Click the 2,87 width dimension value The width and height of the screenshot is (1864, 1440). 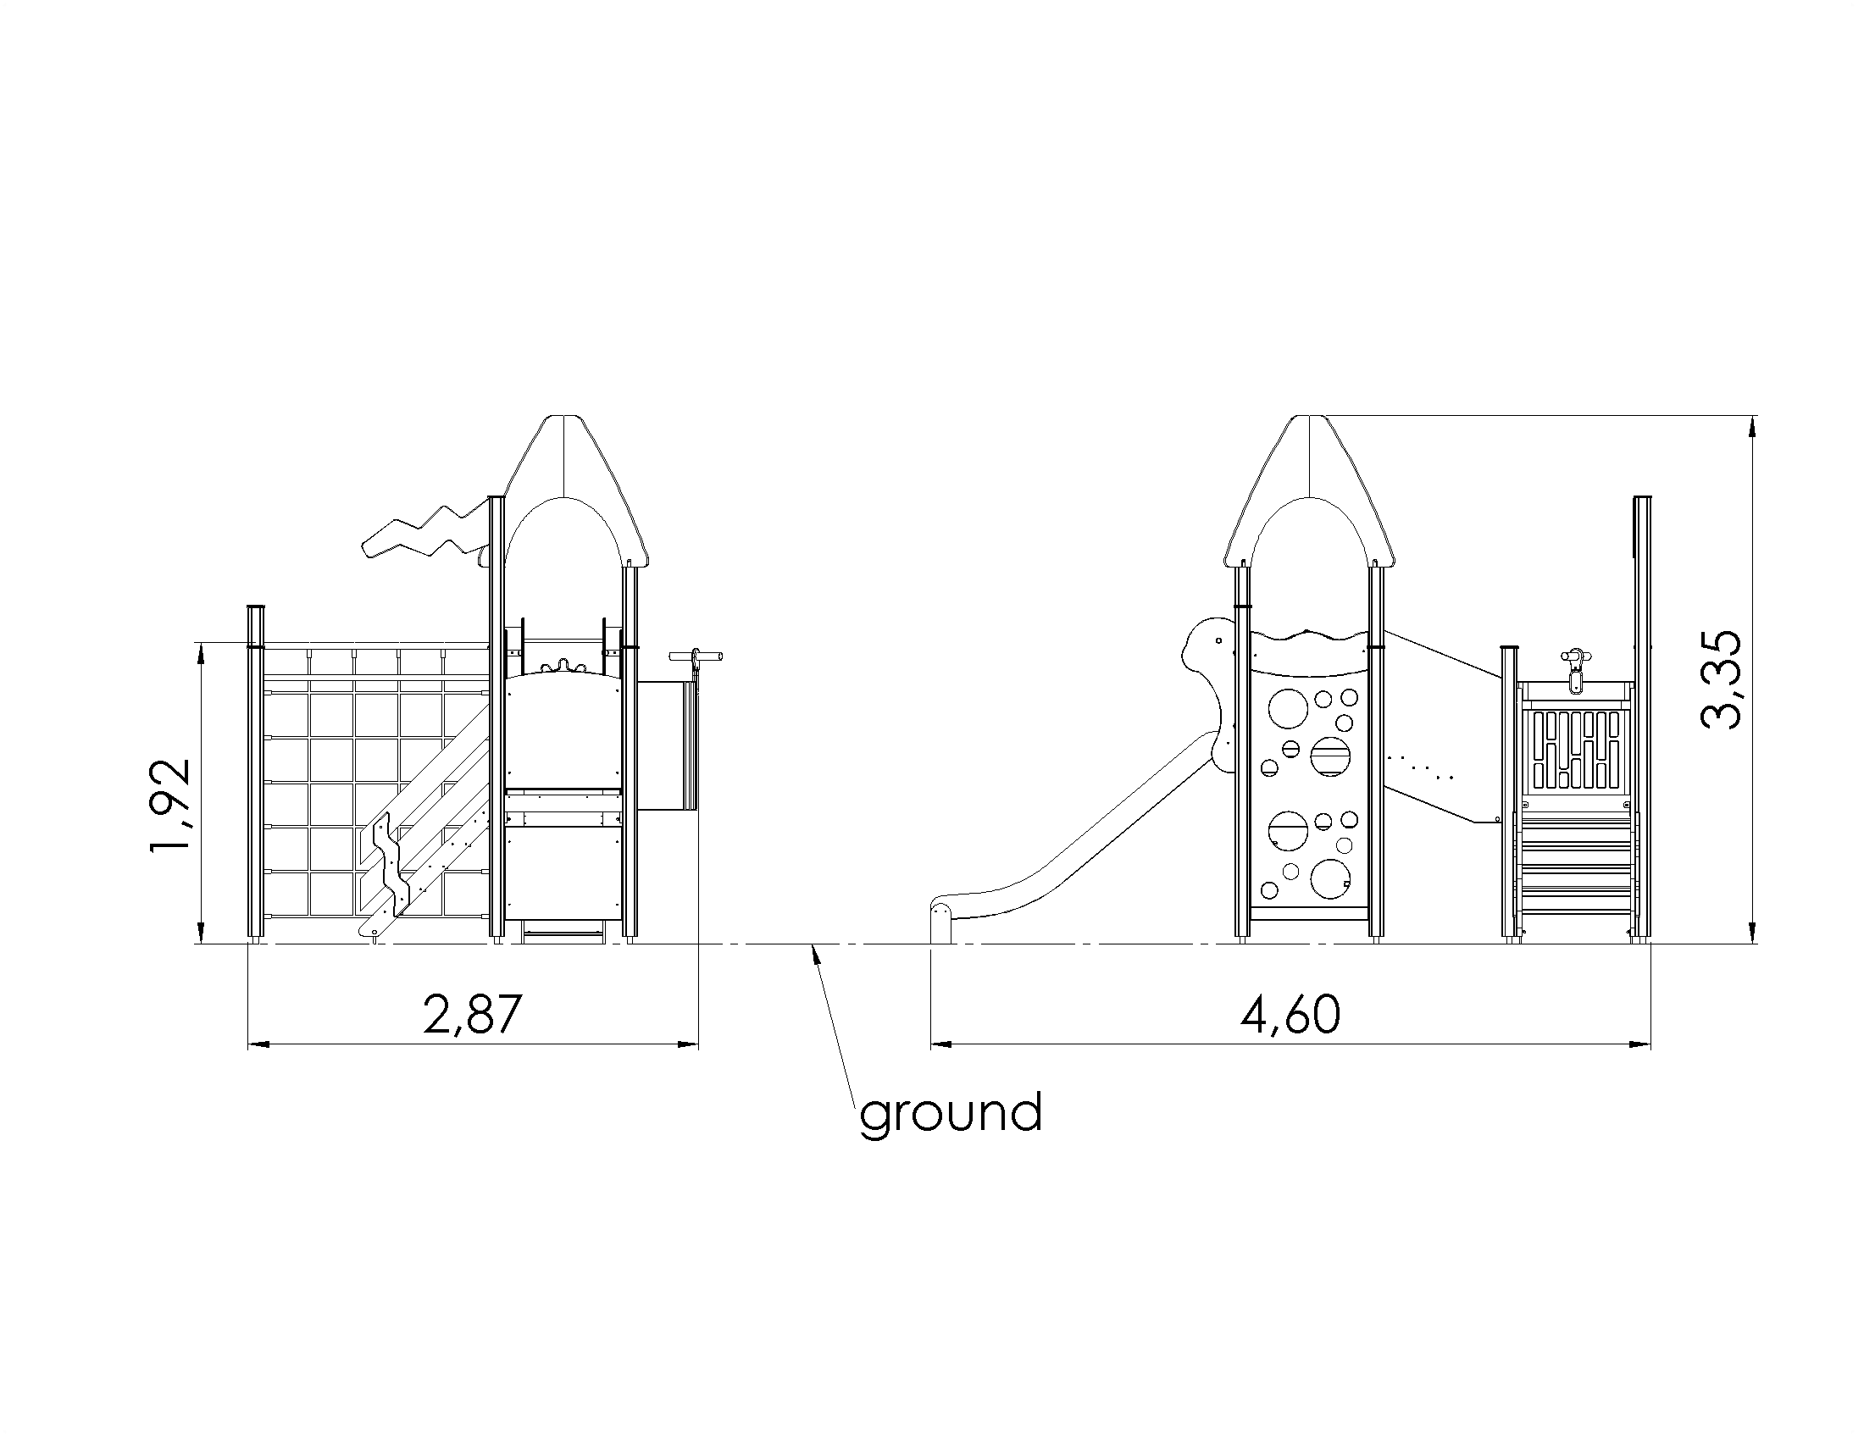472,1015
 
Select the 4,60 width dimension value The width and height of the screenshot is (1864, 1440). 1290,1015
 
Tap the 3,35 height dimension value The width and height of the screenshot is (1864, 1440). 1721,679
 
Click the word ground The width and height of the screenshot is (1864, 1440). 951,1113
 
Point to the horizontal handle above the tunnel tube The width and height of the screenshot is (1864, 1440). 696,656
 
